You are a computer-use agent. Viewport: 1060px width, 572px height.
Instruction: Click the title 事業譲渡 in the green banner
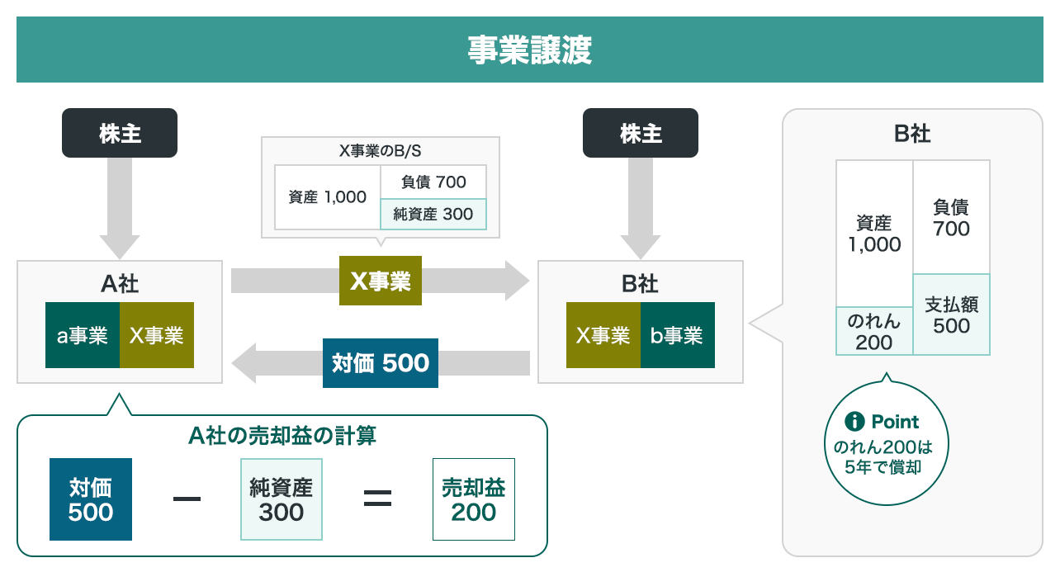(x=529, y=50)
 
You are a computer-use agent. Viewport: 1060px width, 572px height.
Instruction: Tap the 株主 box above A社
(x=120, y=133)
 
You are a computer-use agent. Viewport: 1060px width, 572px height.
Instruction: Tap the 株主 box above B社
(x=640, y=133)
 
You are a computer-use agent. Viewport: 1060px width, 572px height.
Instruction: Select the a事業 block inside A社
(x=83, y=335)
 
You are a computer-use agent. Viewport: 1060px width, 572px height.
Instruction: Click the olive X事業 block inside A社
(x=157, y=335)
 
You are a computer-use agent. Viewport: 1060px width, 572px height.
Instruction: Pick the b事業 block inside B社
(x=677, y=335)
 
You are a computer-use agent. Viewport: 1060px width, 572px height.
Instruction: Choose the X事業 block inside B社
(x=603, y=335)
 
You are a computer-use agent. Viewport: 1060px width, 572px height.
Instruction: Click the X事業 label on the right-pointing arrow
(x=381, y=281)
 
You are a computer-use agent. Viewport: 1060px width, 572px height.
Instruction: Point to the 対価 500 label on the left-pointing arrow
(x=380, y=363)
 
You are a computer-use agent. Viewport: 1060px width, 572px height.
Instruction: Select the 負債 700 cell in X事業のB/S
(x=433, y=182)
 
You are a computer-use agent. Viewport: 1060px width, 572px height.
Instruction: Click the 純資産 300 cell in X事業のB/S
(x=433, y=215)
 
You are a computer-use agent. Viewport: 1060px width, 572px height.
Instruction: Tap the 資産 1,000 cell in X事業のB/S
(x=328, y=197)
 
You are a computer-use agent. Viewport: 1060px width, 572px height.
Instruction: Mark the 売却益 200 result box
(x=474, y=499)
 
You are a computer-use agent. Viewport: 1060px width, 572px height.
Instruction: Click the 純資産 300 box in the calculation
(x=282, y=499)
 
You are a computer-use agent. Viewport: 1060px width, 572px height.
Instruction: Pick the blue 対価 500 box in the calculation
(x=91, y=499)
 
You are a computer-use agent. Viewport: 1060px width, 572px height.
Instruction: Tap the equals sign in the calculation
(x=377, y=499)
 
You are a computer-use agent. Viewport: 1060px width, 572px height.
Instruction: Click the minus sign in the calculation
(x=187, y=499)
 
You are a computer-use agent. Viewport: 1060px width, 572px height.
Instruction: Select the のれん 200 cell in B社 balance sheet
(x=874, y=331)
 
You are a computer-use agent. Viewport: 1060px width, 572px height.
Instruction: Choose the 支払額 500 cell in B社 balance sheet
(x=951, y=314)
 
